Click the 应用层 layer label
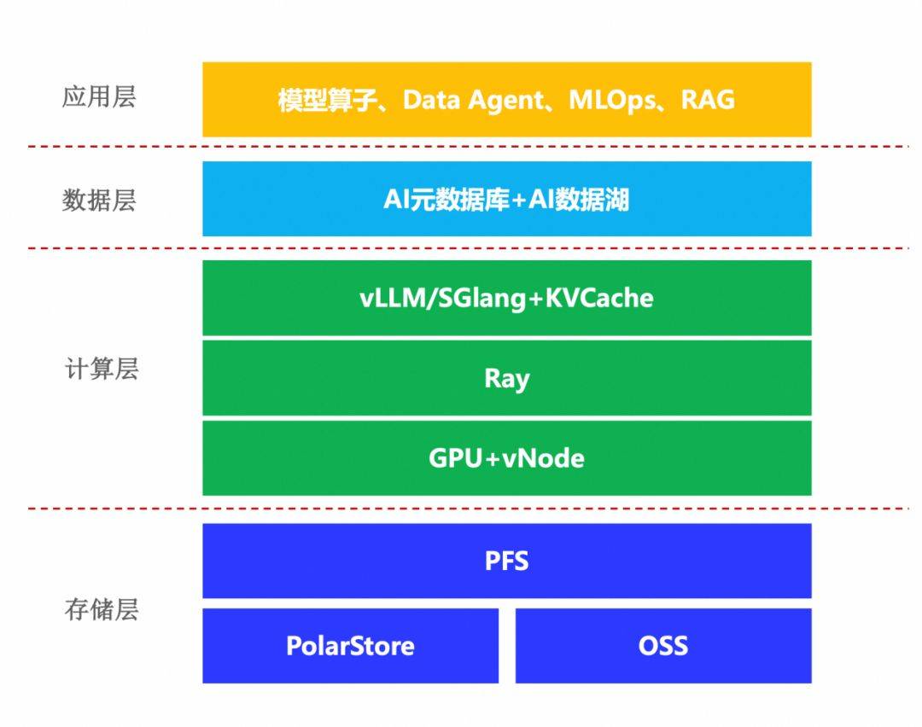click(x=99, y=97)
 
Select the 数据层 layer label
click(x=99, y=201)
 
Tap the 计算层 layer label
click(x=102, y=369)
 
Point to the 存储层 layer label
click(x=102, y=610)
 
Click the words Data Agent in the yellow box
click(x=472, y=100)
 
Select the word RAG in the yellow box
click(x=708, y=100)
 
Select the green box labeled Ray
click(x=506, y=378)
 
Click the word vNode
click(x=544, y=458)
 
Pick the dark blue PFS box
click(x=506, y=561)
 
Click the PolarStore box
click(x=350, y=645)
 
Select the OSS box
click(x=662, y=645)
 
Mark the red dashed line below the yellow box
click(x=461, y=147)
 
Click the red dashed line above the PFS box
click(x=461, y=509)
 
